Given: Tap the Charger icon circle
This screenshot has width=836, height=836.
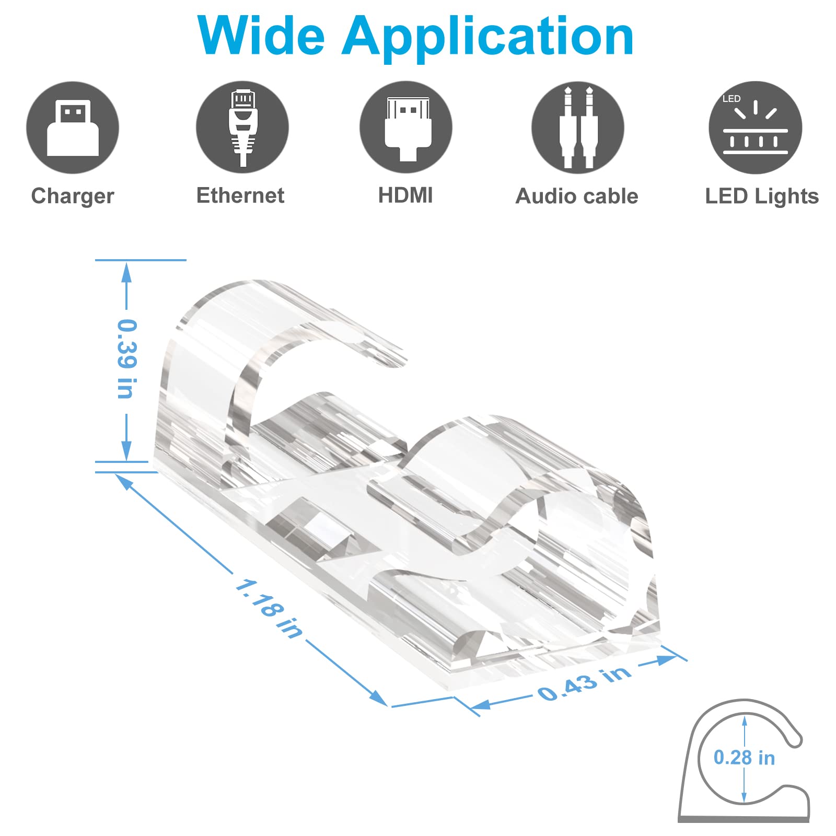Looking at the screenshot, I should (73, 127).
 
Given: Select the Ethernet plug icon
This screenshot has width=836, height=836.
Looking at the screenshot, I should (242, 127).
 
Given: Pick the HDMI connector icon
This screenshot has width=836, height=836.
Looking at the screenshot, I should (406, 127).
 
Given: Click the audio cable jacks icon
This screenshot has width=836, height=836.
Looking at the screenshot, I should (577, 127).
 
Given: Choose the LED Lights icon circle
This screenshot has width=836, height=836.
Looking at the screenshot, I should (755, 127).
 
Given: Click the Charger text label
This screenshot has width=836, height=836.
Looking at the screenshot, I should (73, 196).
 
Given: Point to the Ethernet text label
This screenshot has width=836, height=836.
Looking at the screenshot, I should (240, 195).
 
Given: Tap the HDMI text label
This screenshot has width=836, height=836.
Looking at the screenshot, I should (405, 195).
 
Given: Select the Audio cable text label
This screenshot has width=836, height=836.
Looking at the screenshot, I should (577, 196).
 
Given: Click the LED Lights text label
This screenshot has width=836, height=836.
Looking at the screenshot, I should (762, 196).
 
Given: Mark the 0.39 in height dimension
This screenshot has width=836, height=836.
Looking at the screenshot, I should (126, 359).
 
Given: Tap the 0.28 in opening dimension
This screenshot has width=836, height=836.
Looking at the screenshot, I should (744, 758).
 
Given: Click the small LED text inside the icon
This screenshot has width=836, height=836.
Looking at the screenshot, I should (731, 99).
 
